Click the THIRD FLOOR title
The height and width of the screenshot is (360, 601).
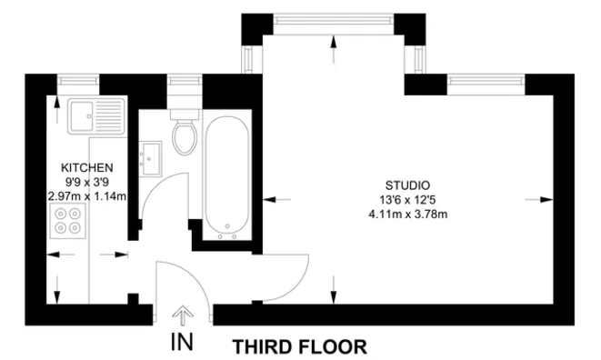300,346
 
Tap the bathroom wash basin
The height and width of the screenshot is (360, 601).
150,156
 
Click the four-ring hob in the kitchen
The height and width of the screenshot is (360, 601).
67,221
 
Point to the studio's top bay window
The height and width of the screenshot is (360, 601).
334,19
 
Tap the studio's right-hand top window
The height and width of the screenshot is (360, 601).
488,82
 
